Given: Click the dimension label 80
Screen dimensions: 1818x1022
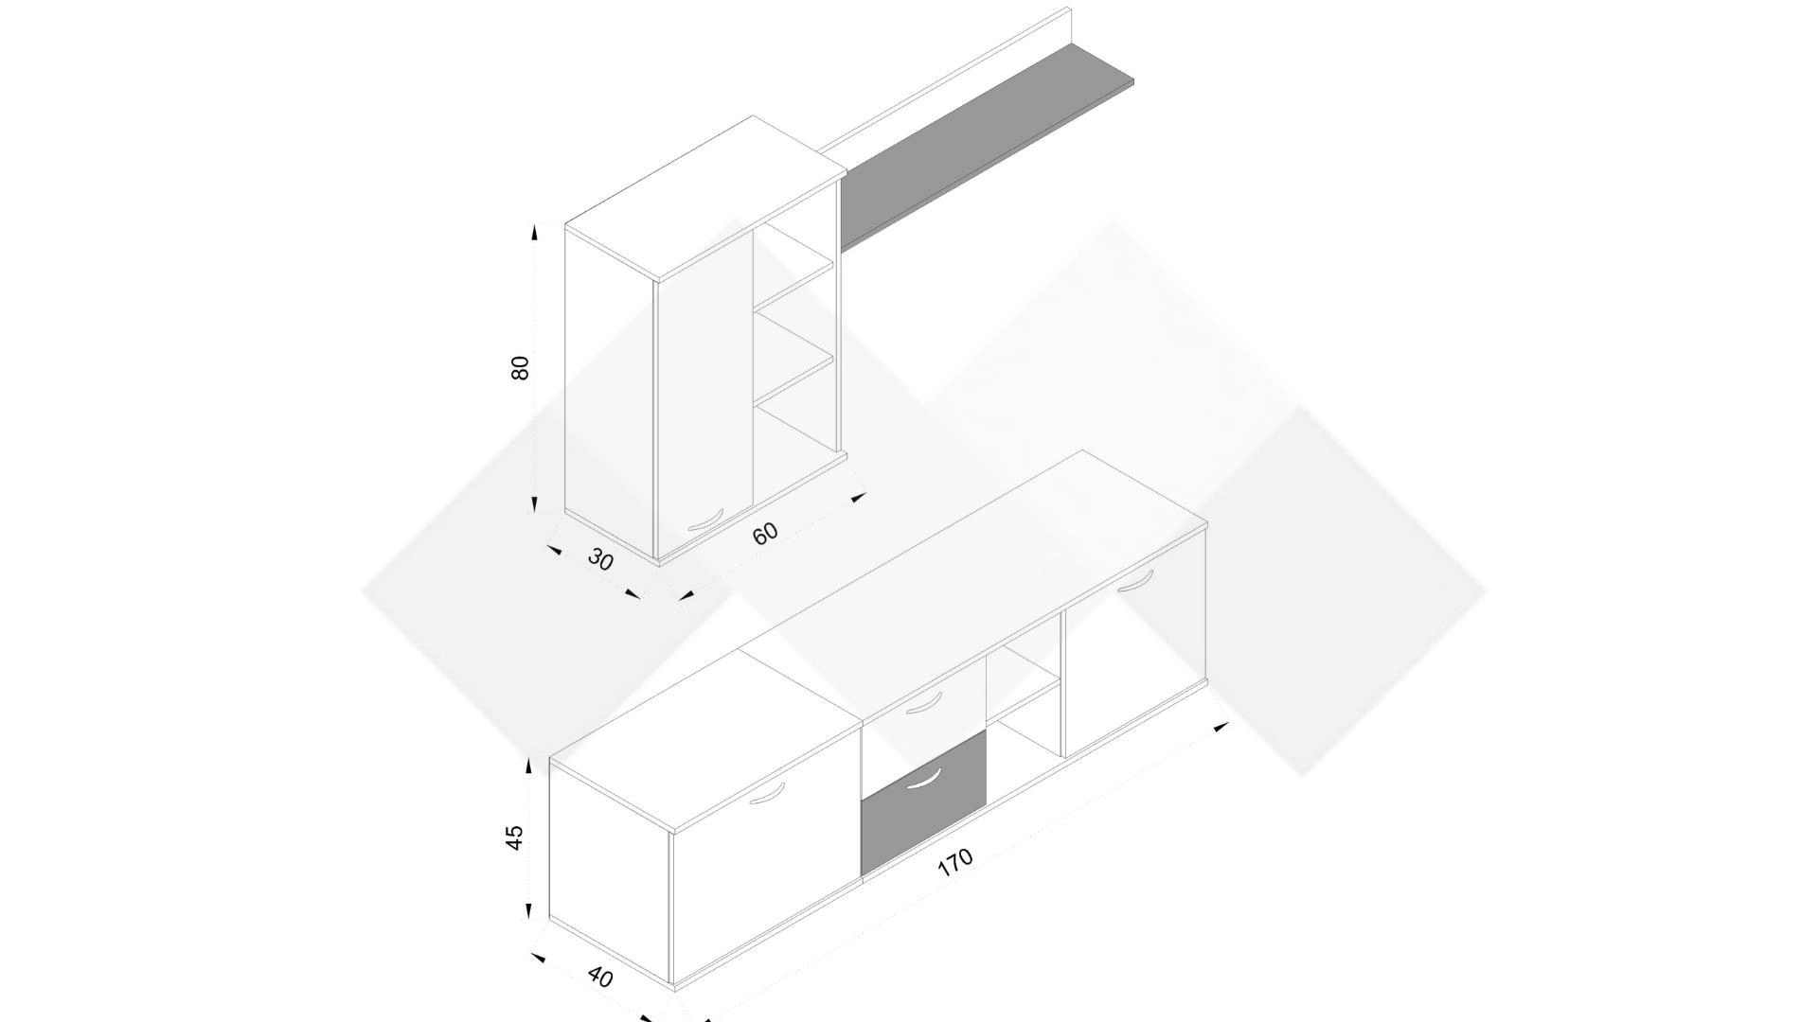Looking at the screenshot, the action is click(519, 368).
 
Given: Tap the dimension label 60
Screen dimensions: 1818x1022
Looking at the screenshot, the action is click(765, 533).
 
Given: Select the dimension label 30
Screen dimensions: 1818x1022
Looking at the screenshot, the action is click(600, 560).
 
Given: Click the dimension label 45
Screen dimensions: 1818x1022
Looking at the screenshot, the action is click(514, 837).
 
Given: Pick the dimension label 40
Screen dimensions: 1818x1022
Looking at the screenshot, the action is click(600, 976).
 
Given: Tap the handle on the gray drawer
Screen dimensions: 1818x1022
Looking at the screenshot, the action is click(923, 778).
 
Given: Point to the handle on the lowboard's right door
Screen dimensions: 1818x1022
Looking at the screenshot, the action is click(1136, 581).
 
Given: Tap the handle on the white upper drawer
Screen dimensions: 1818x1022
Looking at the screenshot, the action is click(923, 703).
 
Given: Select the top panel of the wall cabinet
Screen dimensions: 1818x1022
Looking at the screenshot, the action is click(705, 199).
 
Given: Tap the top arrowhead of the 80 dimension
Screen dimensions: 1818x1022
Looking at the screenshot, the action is click(535, 232).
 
